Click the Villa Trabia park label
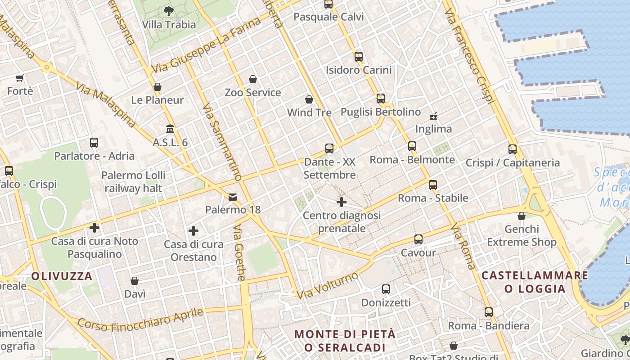[x=169, y=24]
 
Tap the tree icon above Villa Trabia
[x=169, y=10]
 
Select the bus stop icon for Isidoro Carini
[x=359, y=57]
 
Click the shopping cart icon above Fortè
[x=20, y=78]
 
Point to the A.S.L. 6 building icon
[x=170, y=129]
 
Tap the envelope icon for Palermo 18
[x=233, y=197]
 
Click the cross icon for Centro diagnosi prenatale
[x=342, y=202]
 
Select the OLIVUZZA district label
[x=62, y=276]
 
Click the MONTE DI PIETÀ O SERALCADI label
[x=345, y=341]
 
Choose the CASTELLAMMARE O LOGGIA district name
[x=535, y=282]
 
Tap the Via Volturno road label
[x=328, y=285]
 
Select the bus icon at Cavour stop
[x=418, y=239]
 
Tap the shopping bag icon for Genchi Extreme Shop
[x=522, y=216]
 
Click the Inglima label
[x=433, y=129]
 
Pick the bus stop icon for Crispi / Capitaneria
[x=513, y=149]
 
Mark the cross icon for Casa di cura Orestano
[x=193, y=231]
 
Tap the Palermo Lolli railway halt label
[x=133, y=181]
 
